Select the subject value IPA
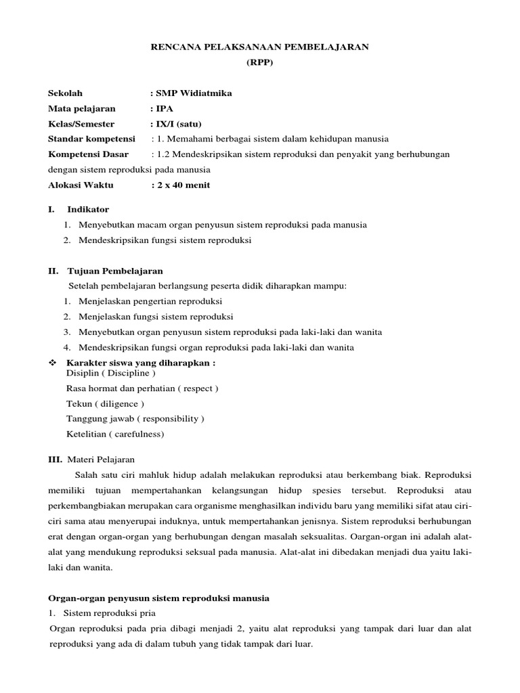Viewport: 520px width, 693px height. click(x=165, y=108)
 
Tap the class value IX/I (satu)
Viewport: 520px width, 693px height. click(x=178, y=124)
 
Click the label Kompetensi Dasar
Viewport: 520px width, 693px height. click(x=88, y=154)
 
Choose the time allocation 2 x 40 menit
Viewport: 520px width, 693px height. click(x=183, y=185)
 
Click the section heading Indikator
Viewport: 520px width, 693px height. click(x=87, y=209)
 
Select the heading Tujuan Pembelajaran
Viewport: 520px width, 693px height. click(x=115, y=271)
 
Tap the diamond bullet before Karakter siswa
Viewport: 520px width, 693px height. click(x=51, y=363)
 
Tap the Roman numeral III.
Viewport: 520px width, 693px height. click(x=55, y=459)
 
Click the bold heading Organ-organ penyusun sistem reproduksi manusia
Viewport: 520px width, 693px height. click(x=158, y=598)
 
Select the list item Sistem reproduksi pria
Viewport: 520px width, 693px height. click(x=106, y=613)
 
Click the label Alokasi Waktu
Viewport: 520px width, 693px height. click(x=81, y=185)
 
